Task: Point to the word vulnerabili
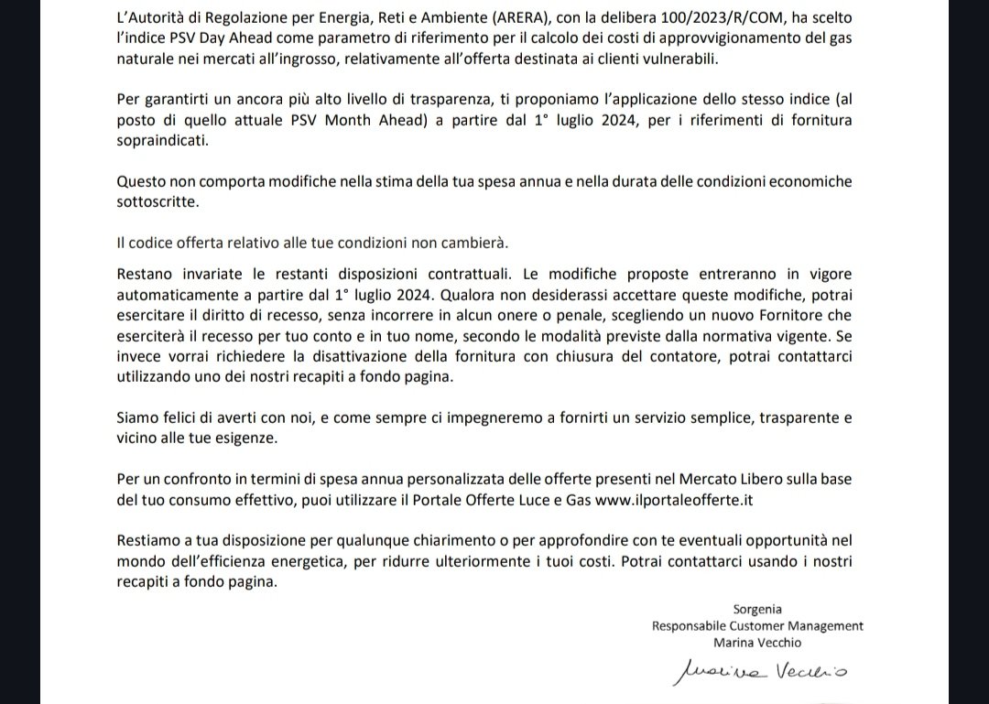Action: click(x=685, y=59)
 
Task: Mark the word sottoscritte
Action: click(x=158, y=200)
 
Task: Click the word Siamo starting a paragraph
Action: click(x=137, y=417)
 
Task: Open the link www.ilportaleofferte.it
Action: click(x=674, y=500)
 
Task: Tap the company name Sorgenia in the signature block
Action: click(x=757, y=609)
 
